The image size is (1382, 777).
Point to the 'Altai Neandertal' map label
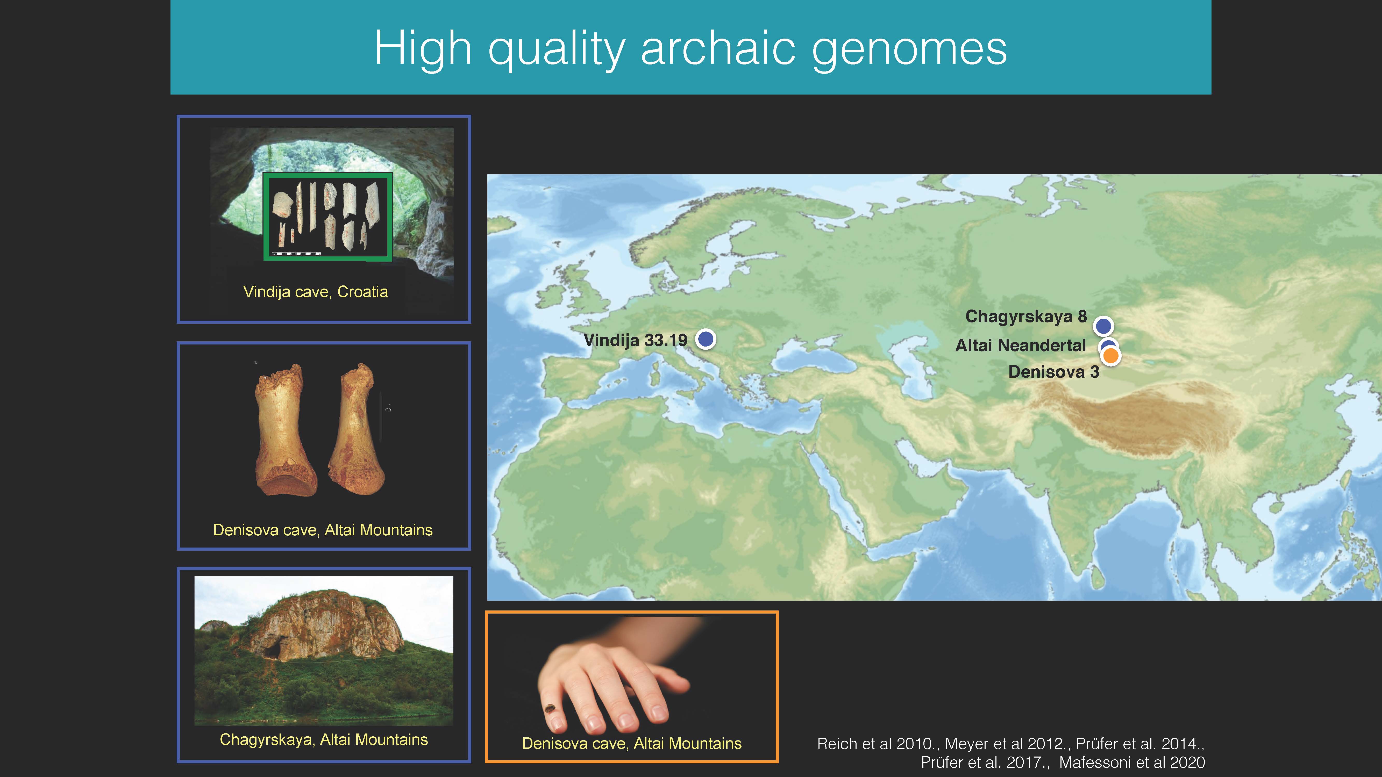click(x=1020, y=345)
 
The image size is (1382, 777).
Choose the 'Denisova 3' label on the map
click(x=1054, y=372)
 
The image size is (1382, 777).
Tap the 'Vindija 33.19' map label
click(x=635, y=340)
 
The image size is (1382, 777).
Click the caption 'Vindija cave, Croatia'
click(x=316, y=292)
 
